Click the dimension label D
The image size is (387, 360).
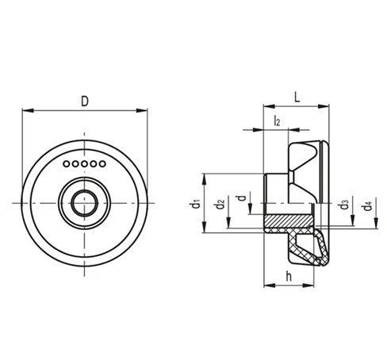pyautogui.click(x=85, y=101)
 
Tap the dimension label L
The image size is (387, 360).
pyautogui.click(x=297, y=98)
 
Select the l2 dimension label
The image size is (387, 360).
pyautogui.click(x=277, y=121)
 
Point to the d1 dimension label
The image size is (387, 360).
pyautogui.click(x=196, y=204)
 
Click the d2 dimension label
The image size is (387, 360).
pyautogui.click(x=220, y=204)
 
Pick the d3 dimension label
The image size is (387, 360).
pyautogui.click(x=344, y=205)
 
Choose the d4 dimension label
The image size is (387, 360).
pyautogui.click(x=368, y=205)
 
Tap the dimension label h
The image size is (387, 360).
pyautogui.click(x=289, y=277)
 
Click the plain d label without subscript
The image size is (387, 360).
pyautogui.click(x=242, y=197)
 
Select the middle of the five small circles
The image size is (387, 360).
pyautogui.click(x=84, y=164)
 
